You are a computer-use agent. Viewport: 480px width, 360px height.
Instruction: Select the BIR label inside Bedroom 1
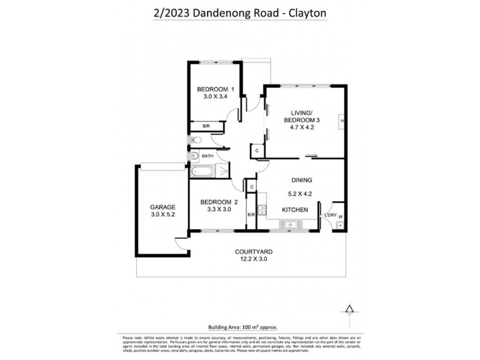coord(206,126)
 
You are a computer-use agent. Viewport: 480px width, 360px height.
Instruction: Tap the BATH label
coord(207,156)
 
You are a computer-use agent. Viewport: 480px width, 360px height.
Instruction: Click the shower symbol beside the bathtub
coord(224,172)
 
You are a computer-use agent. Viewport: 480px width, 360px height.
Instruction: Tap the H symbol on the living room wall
coord(341,121)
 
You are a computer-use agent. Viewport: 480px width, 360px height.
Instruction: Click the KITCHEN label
coord(296,209)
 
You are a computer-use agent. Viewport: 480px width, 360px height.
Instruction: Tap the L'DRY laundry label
coord(329,215)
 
